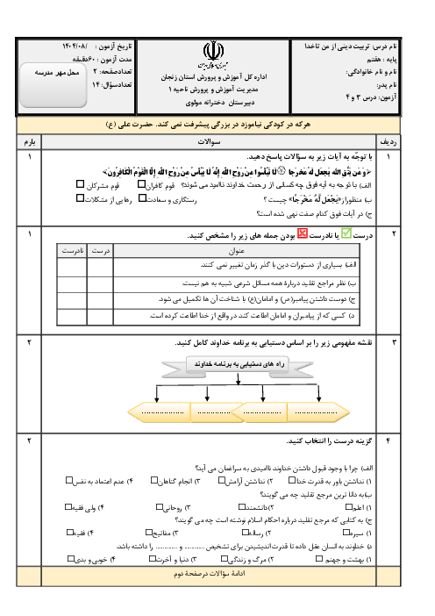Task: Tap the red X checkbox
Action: pos(303,233)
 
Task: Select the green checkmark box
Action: pos(346,233)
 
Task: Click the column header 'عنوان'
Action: pos(236,251)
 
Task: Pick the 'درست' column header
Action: pos(100,251)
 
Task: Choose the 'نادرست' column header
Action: pos(72,251)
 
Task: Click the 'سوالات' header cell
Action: pos(209,140)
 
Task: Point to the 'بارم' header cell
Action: pos(30,140)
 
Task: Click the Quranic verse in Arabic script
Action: pos(237,173)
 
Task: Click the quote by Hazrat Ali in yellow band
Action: pos(209,125)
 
